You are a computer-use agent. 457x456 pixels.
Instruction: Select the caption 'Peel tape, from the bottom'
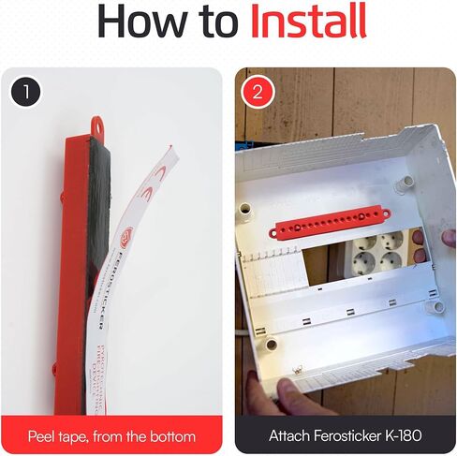(111, 435)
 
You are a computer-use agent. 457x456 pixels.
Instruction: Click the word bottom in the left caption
(174, 435)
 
